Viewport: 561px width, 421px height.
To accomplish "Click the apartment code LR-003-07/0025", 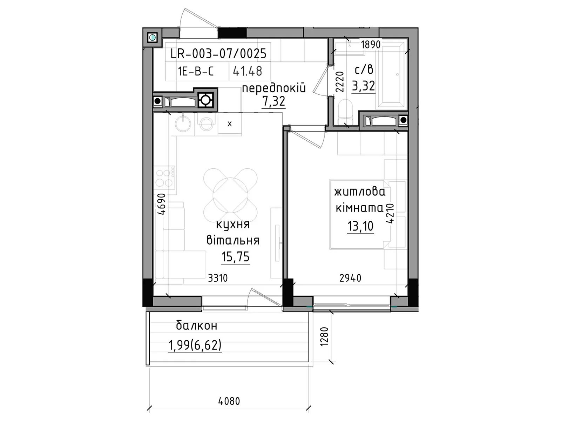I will pos(218,54).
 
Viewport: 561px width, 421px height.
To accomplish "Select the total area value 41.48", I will pos(248,71).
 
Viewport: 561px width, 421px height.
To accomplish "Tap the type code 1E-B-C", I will pos(196,71).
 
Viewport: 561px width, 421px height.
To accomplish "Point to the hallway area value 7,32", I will pos(274,101).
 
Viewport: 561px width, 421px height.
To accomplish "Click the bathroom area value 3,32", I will pos(364,86).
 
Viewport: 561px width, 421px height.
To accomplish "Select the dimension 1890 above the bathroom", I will pos(371,45).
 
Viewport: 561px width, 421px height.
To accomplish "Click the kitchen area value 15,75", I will pos(235,257).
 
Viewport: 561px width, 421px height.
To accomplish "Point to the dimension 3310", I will pos(218,278).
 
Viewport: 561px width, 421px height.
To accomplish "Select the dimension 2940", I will pos(350,278).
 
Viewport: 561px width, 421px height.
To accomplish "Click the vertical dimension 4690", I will pos(161,204).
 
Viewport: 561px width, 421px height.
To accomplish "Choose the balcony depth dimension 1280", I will pos(325,337).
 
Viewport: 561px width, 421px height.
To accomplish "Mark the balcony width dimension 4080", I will pos(229,401).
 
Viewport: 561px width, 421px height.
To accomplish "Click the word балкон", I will pos(197,326).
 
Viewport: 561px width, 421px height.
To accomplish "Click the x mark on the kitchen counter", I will pos(230,124).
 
